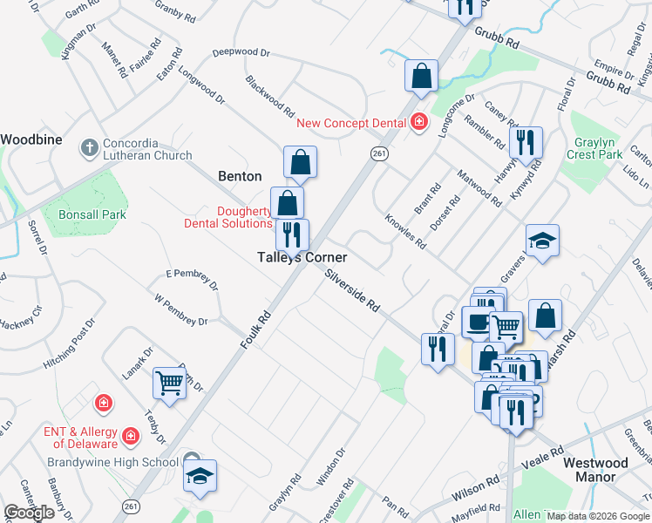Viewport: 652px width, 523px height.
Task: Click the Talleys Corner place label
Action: pyautogui.click(x=302, y=258)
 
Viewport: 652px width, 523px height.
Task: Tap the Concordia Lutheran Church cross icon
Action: pyautogui.click(x=89, y=147)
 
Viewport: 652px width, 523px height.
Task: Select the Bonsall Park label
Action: pyautogui.click(x=92, y=214)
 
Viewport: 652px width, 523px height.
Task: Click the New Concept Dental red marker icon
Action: pyautogui.click(x=419, y=123)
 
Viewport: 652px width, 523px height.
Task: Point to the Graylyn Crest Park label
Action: pyautogui.click(x=598, y=148)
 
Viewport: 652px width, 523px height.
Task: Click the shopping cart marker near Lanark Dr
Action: pyautogui.click(x=169, y=381)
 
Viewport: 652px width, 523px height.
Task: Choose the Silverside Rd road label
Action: pyautogui.click(x=352, y=291)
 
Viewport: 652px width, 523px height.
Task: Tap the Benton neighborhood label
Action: pyautogui.click(x=240, y=176)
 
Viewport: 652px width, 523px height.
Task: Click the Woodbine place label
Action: pyautogui.click(x=30, y=139)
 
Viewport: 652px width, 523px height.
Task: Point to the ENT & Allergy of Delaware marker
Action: pyautogui.click(x=130, y=434)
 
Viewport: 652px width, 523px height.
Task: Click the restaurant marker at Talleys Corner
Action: pyautogui.click(x=292, y=233)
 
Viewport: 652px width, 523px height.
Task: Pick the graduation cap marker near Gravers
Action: pyautogui.click(x=542, y=241)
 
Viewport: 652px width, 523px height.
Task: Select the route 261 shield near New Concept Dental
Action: pyautogui.click(x=378, y=153)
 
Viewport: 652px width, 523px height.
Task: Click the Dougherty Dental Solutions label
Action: pyautogui.click(x=228, y=217)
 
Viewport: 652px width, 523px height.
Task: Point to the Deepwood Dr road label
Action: pyautogui.click(x=241, y=53)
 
